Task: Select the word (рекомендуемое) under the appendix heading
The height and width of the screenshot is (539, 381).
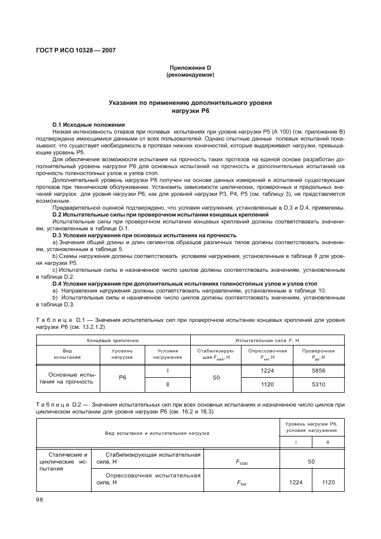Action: [x=190, y=75]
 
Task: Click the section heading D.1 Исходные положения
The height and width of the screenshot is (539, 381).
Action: [x=88, y=124]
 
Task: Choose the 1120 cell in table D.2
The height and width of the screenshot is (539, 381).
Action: [x=328, y=482]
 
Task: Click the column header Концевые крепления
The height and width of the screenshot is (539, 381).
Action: [x=113, y=340]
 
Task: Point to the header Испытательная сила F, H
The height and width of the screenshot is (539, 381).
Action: [x=267, y=340]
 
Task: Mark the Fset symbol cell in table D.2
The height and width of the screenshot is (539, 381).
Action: [x=242, y=482]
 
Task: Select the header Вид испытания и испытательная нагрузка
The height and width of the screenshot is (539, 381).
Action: [x=157, y=432]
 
